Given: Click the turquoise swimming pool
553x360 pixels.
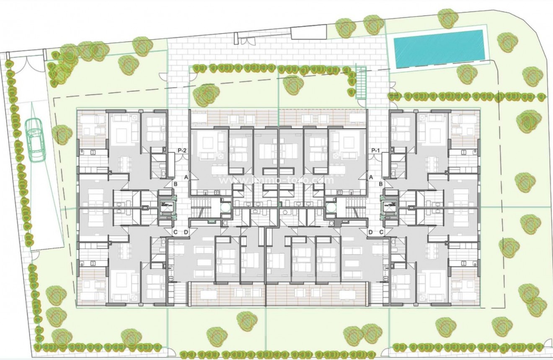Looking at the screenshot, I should (439, 49).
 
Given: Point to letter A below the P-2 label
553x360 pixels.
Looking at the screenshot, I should (186, 178).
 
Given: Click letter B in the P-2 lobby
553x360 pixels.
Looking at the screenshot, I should (176, 184).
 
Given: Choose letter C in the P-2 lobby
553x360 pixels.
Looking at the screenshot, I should (176, 232).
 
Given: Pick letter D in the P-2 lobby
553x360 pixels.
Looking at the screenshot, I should (186, 232).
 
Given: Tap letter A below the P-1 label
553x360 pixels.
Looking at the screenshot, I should (370, 178).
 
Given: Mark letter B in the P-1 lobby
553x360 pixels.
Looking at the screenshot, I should (381, 184).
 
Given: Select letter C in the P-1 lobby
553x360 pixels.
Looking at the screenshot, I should (381, 232).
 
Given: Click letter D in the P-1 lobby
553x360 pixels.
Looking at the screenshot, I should (370, 232).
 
